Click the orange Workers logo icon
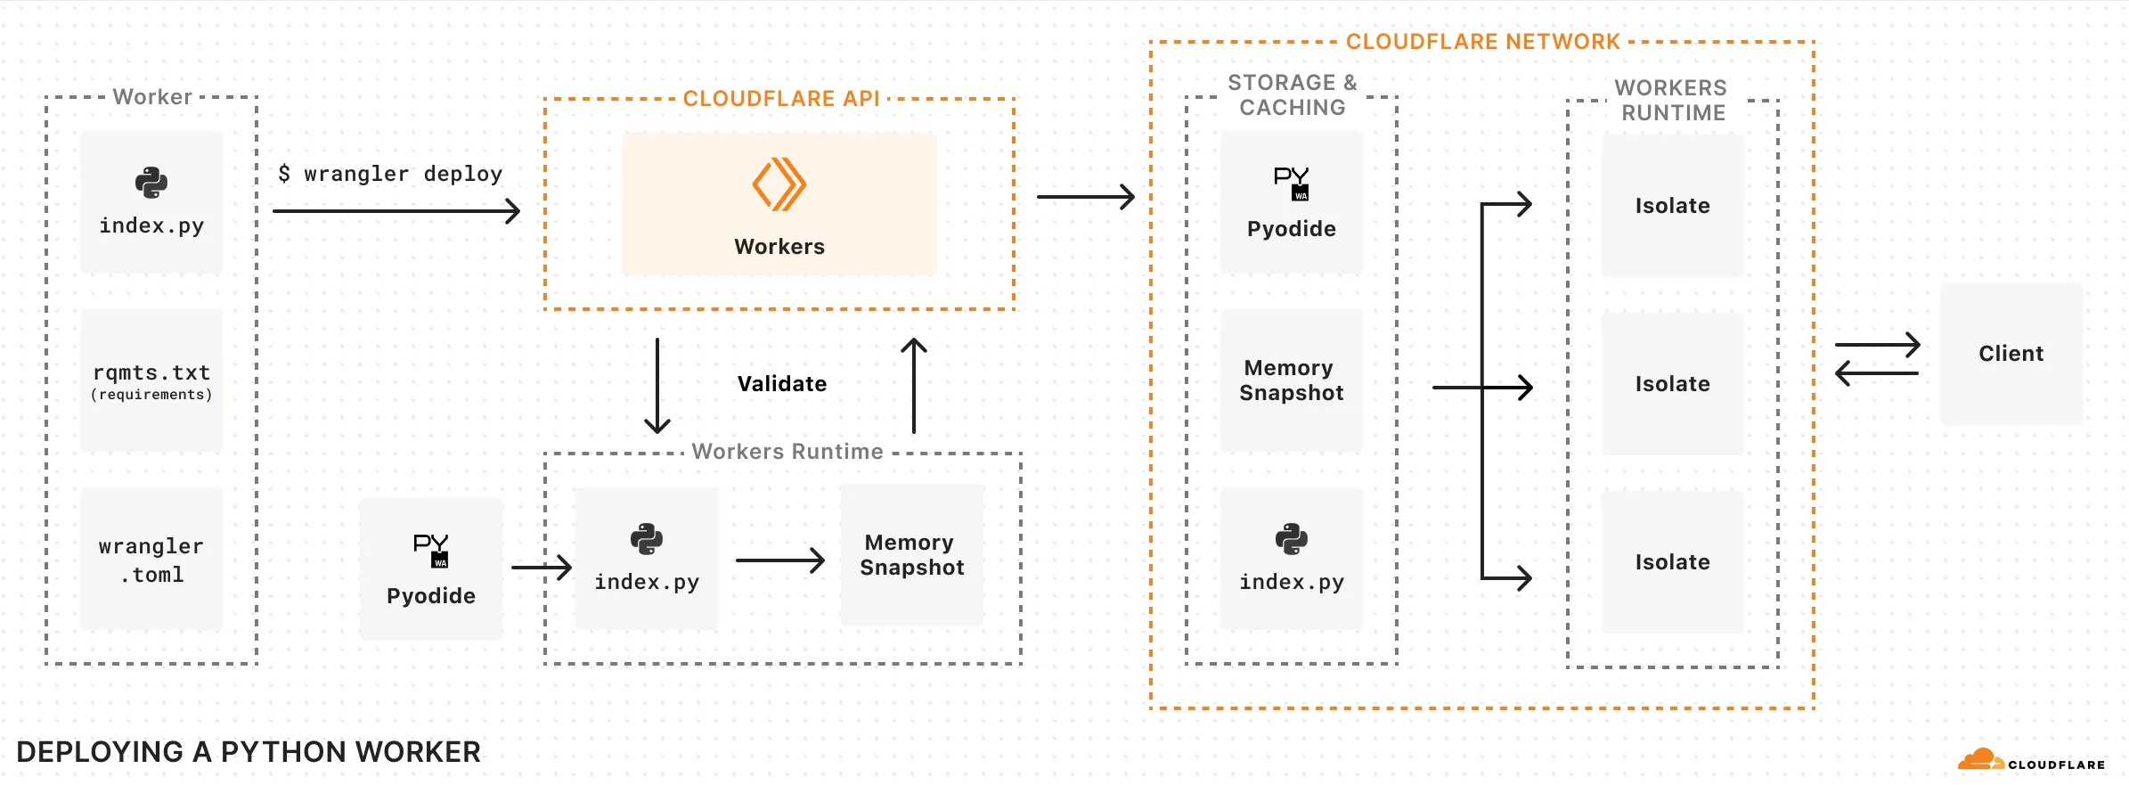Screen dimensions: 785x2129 (x=779, y=184)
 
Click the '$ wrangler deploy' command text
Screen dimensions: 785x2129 (x=390, y=174)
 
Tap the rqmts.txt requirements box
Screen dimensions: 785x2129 (x=151, y=380)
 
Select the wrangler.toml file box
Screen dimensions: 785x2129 (x=151, y=559)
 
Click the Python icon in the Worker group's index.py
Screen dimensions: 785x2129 (x=151, y=183)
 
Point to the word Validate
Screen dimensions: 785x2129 (x=781, y=384)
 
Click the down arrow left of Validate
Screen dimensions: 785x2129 (x=657, y=386)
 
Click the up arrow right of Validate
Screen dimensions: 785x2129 (x=914, y=386)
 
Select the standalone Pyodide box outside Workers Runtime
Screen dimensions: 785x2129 (x=431, y=568)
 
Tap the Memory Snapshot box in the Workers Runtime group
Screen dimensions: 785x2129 (x=912, y=555)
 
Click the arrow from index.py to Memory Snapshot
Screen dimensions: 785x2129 (x=779, y=560)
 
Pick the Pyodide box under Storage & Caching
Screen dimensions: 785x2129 (x=1292, y=203)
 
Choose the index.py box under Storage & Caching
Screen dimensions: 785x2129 (x=1292, y=559)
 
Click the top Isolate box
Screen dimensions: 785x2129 (x=1672, y=206)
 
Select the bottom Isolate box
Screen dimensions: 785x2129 (x=1672, y=562)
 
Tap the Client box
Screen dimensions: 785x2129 (x=2011, y=354)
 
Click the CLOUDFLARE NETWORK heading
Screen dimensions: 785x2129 (x=1482, y=42)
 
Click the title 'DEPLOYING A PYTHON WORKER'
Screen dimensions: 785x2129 (x=249, y=752)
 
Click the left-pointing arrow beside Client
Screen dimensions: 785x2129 (x=1876, y=372)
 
